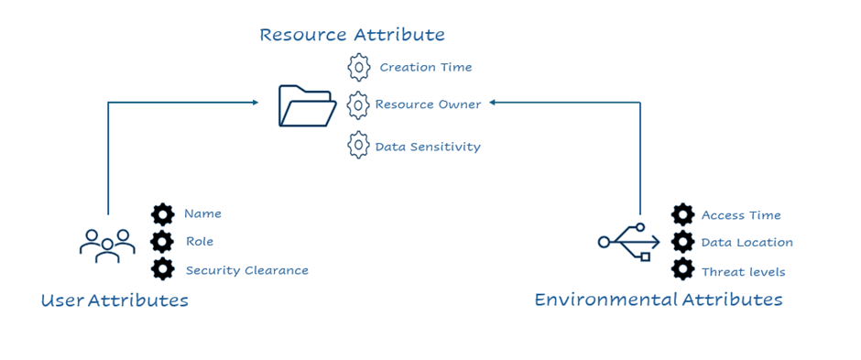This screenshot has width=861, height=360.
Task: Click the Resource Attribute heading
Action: pos(352,35)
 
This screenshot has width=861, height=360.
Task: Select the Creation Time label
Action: pos(426,68)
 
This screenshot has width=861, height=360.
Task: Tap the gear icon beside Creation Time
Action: pos(358,67)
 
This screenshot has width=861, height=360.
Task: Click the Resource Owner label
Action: pos(428,104)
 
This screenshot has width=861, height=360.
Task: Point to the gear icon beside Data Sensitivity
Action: pos(358,145)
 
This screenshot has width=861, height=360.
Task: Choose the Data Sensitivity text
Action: pos(428,147)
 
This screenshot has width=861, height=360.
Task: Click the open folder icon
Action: pos(308,106)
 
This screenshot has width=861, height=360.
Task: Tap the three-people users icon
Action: pos(107,245)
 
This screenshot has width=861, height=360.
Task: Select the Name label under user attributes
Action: pos(202,213)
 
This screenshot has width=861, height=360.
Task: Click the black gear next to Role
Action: pos(162,241)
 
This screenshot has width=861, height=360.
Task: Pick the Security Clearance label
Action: pos(247,270)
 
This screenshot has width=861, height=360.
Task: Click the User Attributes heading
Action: pos(114,300)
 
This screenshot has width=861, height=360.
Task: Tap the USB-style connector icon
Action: pos(628,242)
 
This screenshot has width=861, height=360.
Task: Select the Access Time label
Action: pos(741,215)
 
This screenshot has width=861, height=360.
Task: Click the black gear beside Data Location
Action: pos(682,242)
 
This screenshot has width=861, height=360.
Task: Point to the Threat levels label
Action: pos(744,272)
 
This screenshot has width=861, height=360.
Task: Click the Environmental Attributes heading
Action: pos(659,300)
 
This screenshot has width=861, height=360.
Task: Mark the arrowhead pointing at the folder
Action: pos(255,102)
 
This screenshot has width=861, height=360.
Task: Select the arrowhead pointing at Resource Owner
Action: pos(493,102)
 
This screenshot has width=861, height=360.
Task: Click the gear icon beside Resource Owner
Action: pos(358,104)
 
